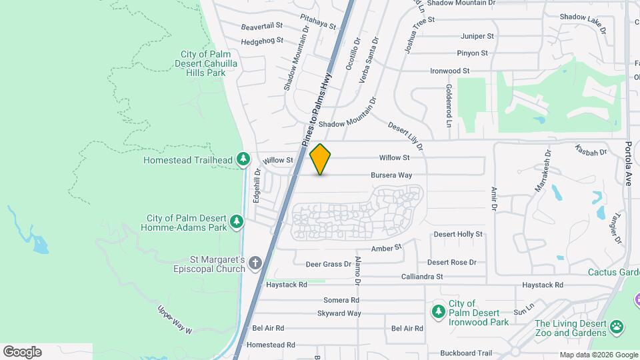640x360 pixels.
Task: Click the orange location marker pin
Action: tap(321, 159)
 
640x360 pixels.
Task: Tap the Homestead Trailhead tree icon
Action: tap(243, 159)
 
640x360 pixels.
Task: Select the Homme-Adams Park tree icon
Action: tap(236, 221)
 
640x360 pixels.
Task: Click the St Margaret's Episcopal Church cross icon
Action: tap(254, 264)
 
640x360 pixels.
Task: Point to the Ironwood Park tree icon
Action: tap(438, 311)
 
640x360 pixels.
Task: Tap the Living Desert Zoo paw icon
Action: tap(617, 327)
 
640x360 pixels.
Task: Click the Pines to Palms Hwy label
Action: tap(316, 110)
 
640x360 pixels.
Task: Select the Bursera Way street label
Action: tap(391, 175)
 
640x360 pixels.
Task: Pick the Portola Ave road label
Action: tap(628, 163)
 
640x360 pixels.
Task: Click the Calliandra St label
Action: tap(422, 277)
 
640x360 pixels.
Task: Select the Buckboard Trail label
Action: tap(466, 353)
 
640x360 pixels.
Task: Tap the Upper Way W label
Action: tap(175, 320)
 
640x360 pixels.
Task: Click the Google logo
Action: tap(22, 352)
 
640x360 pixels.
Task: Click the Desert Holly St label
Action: tap(458, 235)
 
